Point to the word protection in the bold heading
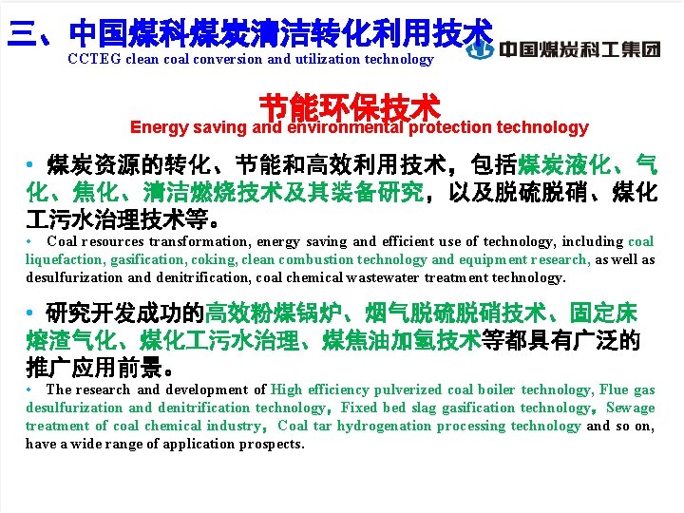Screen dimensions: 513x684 [x=446, y=127]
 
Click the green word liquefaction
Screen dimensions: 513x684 [x=65, y=259]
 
